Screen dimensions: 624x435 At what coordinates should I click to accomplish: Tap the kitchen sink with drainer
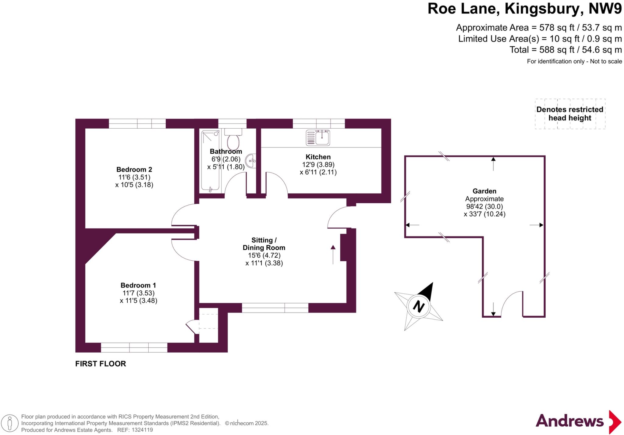click(318, 138)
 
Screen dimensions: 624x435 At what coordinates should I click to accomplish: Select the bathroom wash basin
click(252, 160)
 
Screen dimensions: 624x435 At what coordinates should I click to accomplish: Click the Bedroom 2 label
click(134, 169)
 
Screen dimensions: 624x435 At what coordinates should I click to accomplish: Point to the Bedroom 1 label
click(138, 285)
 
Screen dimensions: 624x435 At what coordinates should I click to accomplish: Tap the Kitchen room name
click(318, 157)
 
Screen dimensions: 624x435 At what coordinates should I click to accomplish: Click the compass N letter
click(419, 306)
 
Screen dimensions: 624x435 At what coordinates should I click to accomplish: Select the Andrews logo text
click(569, 421)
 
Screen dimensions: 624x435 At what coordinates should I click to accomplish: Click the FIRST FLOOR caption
click(101, 364)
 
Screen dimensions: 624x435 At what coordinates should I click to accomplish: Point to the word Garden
click(484, 191)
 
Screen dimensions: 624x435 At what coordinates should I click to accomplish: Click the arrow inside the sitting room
click(333, 254)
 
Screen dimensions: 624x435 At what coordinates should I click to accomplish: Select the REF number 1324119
click(142, 430)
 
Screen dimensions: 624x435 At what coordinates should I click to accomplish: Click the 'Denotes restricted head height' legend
click(570, 114)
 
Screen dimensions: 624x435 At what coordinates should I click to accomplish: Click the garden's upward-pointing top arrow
click(493, 163)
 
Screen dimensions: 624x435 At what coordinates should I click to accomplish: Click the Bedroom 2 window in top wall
click(137, 123)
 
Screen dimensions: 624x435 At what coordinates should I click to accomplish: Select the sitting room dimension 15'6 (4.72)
click(264, 255)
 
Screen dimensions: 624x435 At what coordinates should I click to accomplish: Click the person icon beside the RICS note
click(10, 423)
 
